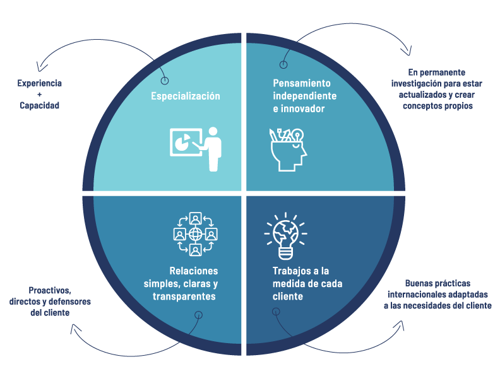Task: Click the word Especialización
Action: point(185,96)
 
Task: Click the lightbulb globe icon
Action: point(285,235)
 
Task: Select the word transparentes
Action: point(184,296)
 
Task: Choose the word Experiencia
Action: point(39,83)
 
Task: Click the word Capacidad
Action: point(39,105)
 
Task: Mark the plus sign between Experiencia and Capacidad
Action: point(39,95)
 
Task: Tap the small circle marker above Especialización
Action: point(165,81)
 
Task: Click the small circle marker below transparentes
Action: point(199,314)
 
